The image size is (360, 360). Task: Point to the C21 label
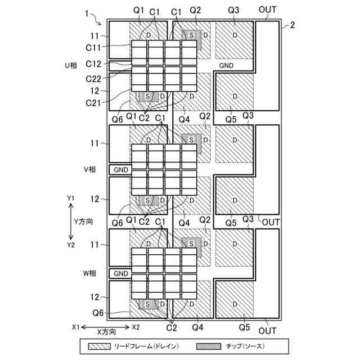[x=93, y=103]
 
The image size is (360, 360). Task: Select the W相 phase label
[x=90, y=273]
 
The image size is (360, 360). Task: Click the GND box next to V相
[x=121, y=169]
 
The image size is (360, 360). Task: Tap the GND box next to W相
[x=121, y=273]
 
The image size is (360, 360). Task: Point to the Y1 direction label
[x=70, y=199]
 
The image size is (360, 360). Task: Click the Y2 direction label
[x=70, y=245]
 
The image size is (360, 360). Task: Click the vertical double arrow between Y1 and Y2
[x=70, y=222]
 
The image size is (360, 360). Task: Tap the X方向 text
[x=106, y=332]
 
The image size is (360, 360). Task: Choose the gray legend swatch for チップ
[x=207, y=346]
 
